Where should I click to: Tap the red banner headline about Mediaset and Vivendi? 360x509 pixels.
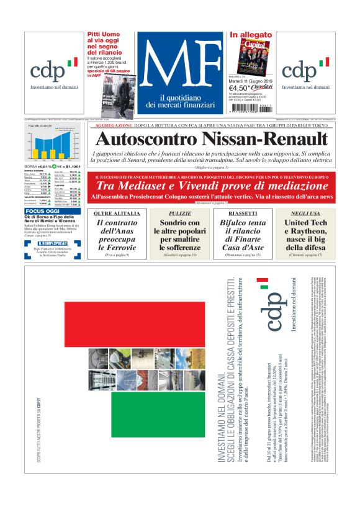[211, 185]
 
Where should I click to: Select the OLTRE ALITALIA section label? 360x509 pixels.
[115, 213]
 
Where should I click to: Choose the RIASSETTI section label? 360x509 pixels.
[239, 213]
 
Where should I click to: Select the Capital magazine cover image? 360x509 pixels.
[251, 56]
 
